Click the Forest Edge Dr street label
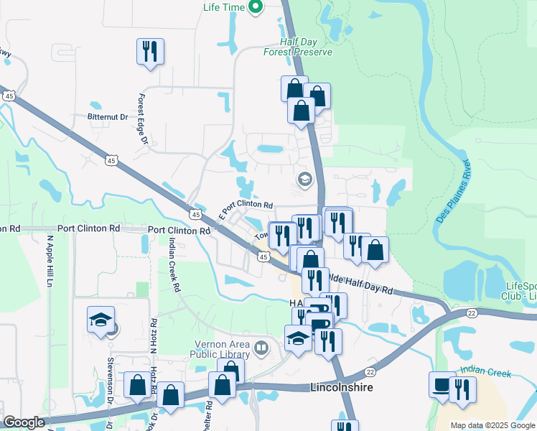point(142,123)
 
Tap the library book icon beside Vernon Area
point(261,350)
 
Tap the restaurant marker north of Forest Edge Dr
point(151,51)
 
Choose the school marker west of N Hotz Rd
point(101,320)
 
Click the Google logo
point(24,423)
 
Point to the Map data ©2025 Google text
point(492,425)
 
